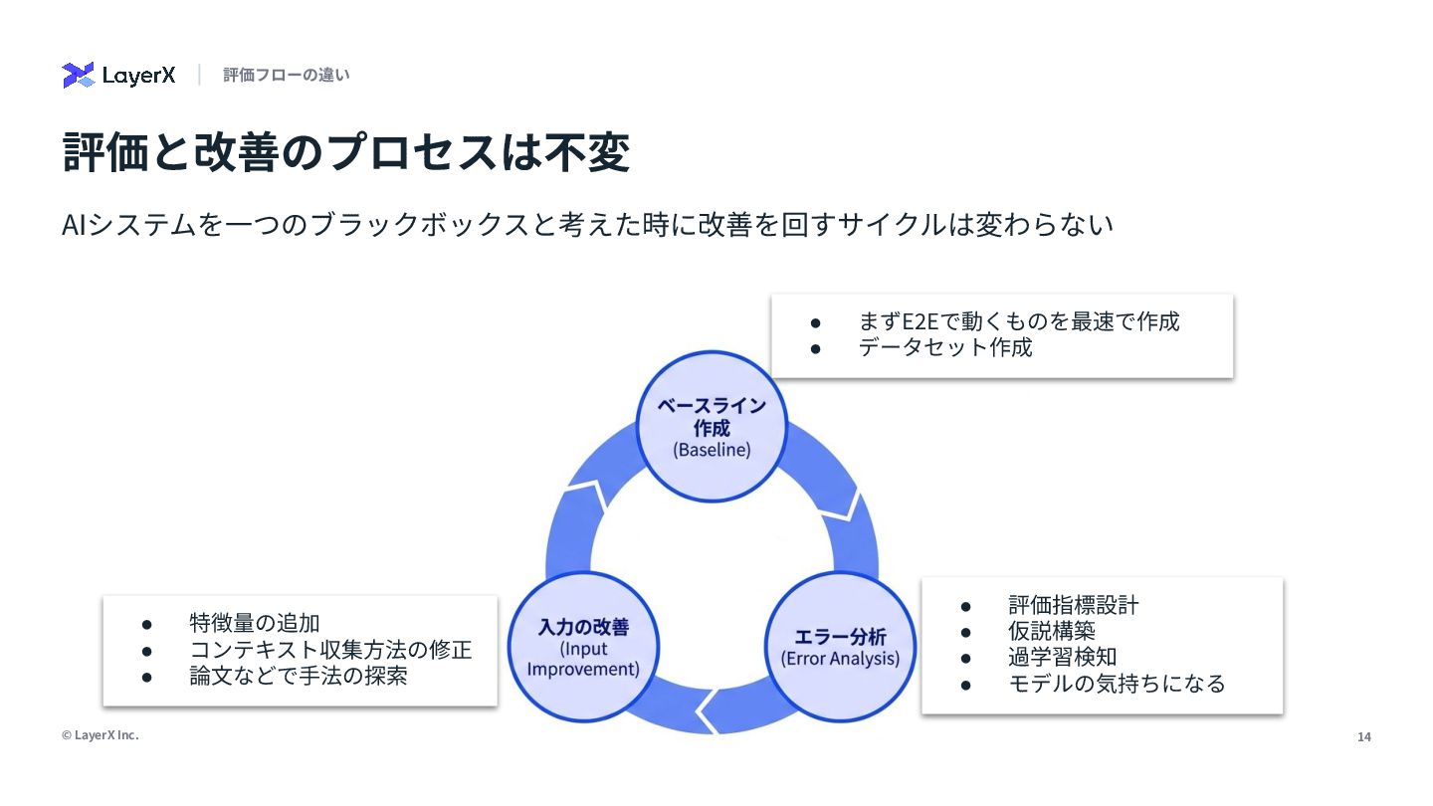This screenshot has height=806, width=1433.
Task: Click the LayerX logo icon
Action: pos(78,75)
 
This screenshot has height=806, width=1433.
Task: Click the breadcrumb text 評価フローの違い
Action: pos(286,75)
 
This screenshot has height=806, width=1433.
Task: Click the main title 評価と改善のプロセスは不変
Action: pos(346,153)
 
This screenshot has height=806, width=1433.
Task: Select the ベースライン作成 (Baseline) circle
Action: pos(712,427)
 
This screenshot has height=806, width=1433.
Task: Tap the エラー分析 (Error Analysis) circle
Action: pos(840,647)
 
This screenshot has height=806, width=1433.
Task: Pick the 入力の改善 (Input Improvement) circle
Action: pos(583,647)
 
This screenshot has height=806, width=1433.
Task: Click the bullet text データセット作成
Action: pos(945,347)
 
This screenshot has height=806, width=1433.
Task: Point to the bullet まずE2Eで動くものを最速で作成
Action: pos(1018,321)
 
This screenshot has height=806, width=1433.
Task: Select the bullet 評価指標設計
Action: pos(1073,605)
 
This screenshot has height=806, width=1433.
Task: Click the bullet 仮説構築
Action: pos(1051,631)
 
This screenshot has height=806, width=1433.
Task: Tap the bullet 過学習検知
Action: pos(1062,657)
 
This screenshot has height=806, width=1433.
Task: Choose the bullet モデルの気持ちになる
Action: pos(1117,684)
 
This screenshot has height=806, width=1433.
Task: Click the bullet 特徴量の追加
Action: pos(255,624)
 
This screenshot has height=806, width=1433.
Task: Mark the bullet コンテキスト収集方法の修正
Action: pos(330,650)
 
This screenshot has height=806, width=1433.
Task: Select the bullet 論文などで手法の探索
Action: pos(299,676)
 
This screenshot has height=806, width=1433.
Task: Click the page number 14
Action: pos(1364,737)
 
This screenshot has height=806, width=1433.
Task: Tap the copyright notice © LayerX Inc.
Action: pos(101,735)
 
